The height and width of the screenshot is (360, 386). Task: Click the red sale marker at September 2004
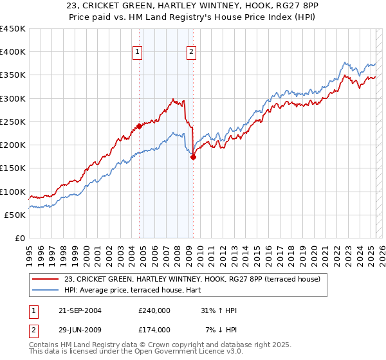pos(139,127)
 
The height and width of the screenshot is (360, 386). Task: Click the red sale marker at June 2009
pos(193,157)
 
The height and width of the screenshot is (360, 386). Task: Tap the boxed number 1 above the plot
pos(138,53)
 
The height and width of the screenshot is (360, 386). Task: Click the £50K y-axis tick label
pos(14,215)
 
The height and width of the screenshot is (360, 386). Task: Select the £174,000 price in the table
pos(154,330)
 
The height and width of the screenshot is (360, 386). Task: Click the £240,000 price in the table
pos(154,310)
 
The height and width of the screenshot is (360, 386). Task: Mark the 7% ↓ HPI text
pos(221,330)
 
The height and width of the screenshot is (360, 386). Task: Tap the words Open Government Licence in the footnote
pos(194,352)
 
